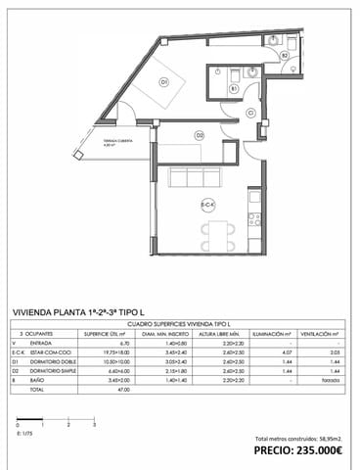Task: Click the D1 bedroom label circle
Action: [164, 81]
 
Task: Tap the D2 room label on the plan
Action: [199, 134]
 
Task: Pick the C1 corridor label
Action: [251, 114]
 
